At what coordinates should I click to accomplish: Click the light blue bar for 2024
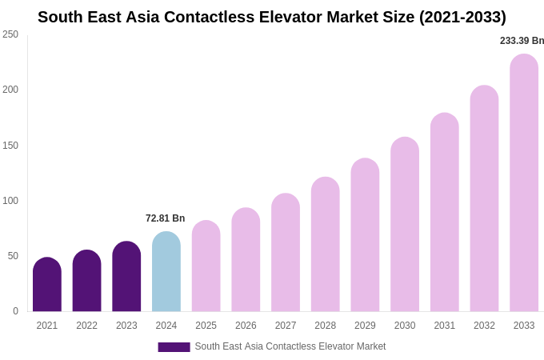[x=166, y=272]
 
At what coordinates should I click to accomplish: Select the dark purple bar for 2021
[x=47, y=285]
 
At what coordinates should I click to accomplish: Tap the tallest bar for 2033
[x=524, y=183]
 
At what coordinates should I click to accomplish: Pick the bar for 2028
[x=326, y=245]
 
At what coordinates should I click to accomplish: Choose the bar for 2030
[x=405, y=225]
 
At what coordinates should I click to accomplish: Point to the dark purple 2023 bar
[x=126, y=277]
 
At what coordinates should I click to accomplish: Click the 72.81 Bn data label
[x=165, y=218]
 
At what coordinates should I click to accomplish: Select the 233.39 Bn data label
[x=522, y=41]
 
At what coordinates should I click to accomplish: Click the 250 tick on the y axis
[x=10, y=34]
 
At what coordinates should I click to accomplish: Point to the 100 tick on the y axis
[x=10, y=201]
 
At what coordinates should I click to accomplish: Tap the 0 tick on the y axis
[x=15, y=311]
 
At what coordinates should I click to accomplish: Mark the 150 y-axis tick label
[x=10, y=146]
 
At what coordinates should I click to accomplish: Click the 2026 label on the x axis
[x=246, y=326]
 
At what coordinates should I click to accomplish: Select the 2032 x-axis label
[x=484, y=326]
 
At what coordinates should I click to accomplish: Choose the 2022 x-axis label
[x=86, y=326]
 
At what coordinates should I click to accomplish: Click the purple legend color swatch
[x=174, y=347]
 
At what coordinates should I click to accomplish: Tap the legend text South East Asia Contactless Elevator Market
[x=290, y=346]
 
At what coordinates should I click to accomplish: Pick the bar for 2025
[x=206, y=266]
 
